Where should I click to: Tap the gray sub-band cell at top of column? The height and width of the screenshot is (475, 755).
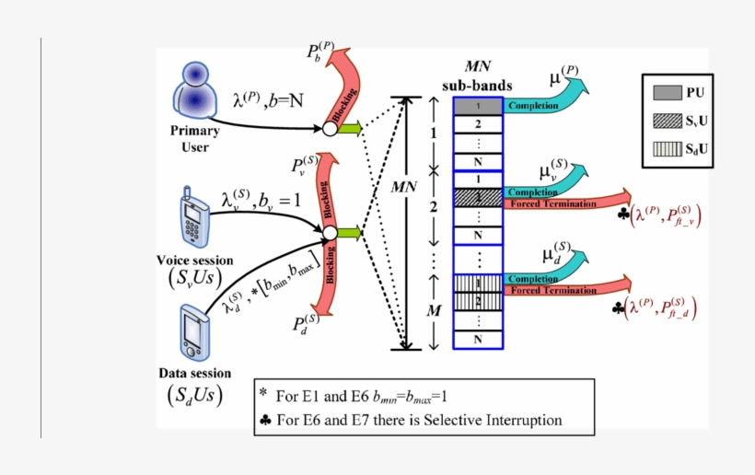[479, 107]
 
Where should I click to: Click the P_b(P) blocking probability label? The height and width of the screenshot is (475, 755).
[320, 52]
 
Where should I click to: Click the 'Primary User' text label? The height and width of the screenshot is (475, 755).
[194, 139]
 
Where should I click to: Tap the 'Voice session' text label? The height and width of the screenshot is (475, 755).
[194, 261]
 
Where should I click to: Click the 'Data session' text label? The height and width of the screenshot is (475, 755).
[194, 374]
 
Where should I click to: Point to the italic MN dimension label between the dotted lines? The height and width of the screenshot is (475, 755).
[404, 187]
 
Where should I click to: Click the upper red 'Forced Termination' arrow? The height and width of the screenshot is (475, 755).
[566, 203]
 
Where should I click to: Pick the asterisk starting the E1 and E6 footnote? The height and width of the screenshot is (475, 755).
[263, 394]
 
